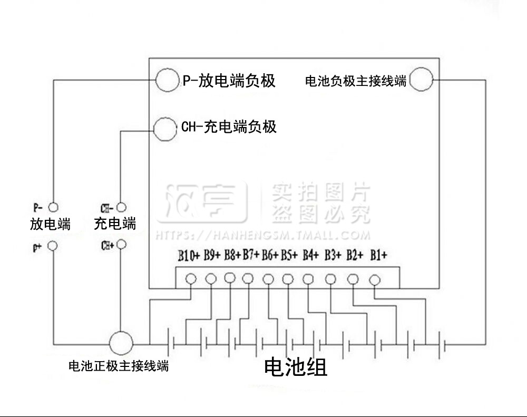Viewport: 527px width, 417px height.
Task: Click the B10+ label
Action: (189, 256)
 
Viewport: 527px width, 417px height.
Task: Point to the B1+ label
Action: (378, 255)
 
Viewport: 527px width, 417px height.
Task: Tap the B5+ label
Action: (289, 255)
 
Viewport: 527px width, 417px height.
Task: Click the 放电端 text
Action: (51, 224)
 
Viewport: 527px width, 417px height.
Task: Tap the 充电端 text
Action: (115, 224)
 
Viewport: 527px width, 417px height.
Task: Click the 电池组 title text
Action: (296, 367)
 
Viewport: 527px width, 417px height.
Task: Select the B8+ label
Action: (232, 255)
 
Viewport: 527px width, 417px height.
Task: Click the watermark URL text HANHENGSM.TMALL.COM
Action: (291, 235)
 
